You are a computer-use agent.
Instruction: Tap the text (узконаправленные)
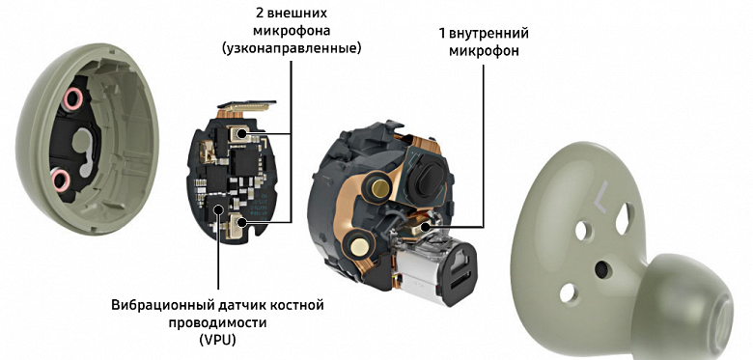click(292, 48)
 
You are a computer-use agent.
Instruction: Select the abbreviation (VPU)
click(217, 339)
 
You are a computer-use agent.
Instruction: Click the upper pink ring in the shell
click(72, 99)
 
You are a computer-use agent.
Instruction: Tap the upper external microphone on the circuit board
click(238, 133)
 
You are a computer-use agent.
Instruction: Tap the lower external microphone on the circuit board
click(238, 222)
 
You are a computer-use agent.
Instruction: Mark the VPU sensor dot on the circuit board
click(218, 208)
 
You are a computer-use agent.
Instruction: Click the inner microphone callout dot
click(424, 226)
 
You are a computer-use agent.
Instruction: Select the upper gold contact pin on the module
click(378, 187)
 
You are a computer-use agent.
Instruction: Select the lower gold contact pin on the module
click(357, 246)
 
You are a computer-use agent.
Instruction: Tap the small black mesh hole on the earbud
click(600, 270)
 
